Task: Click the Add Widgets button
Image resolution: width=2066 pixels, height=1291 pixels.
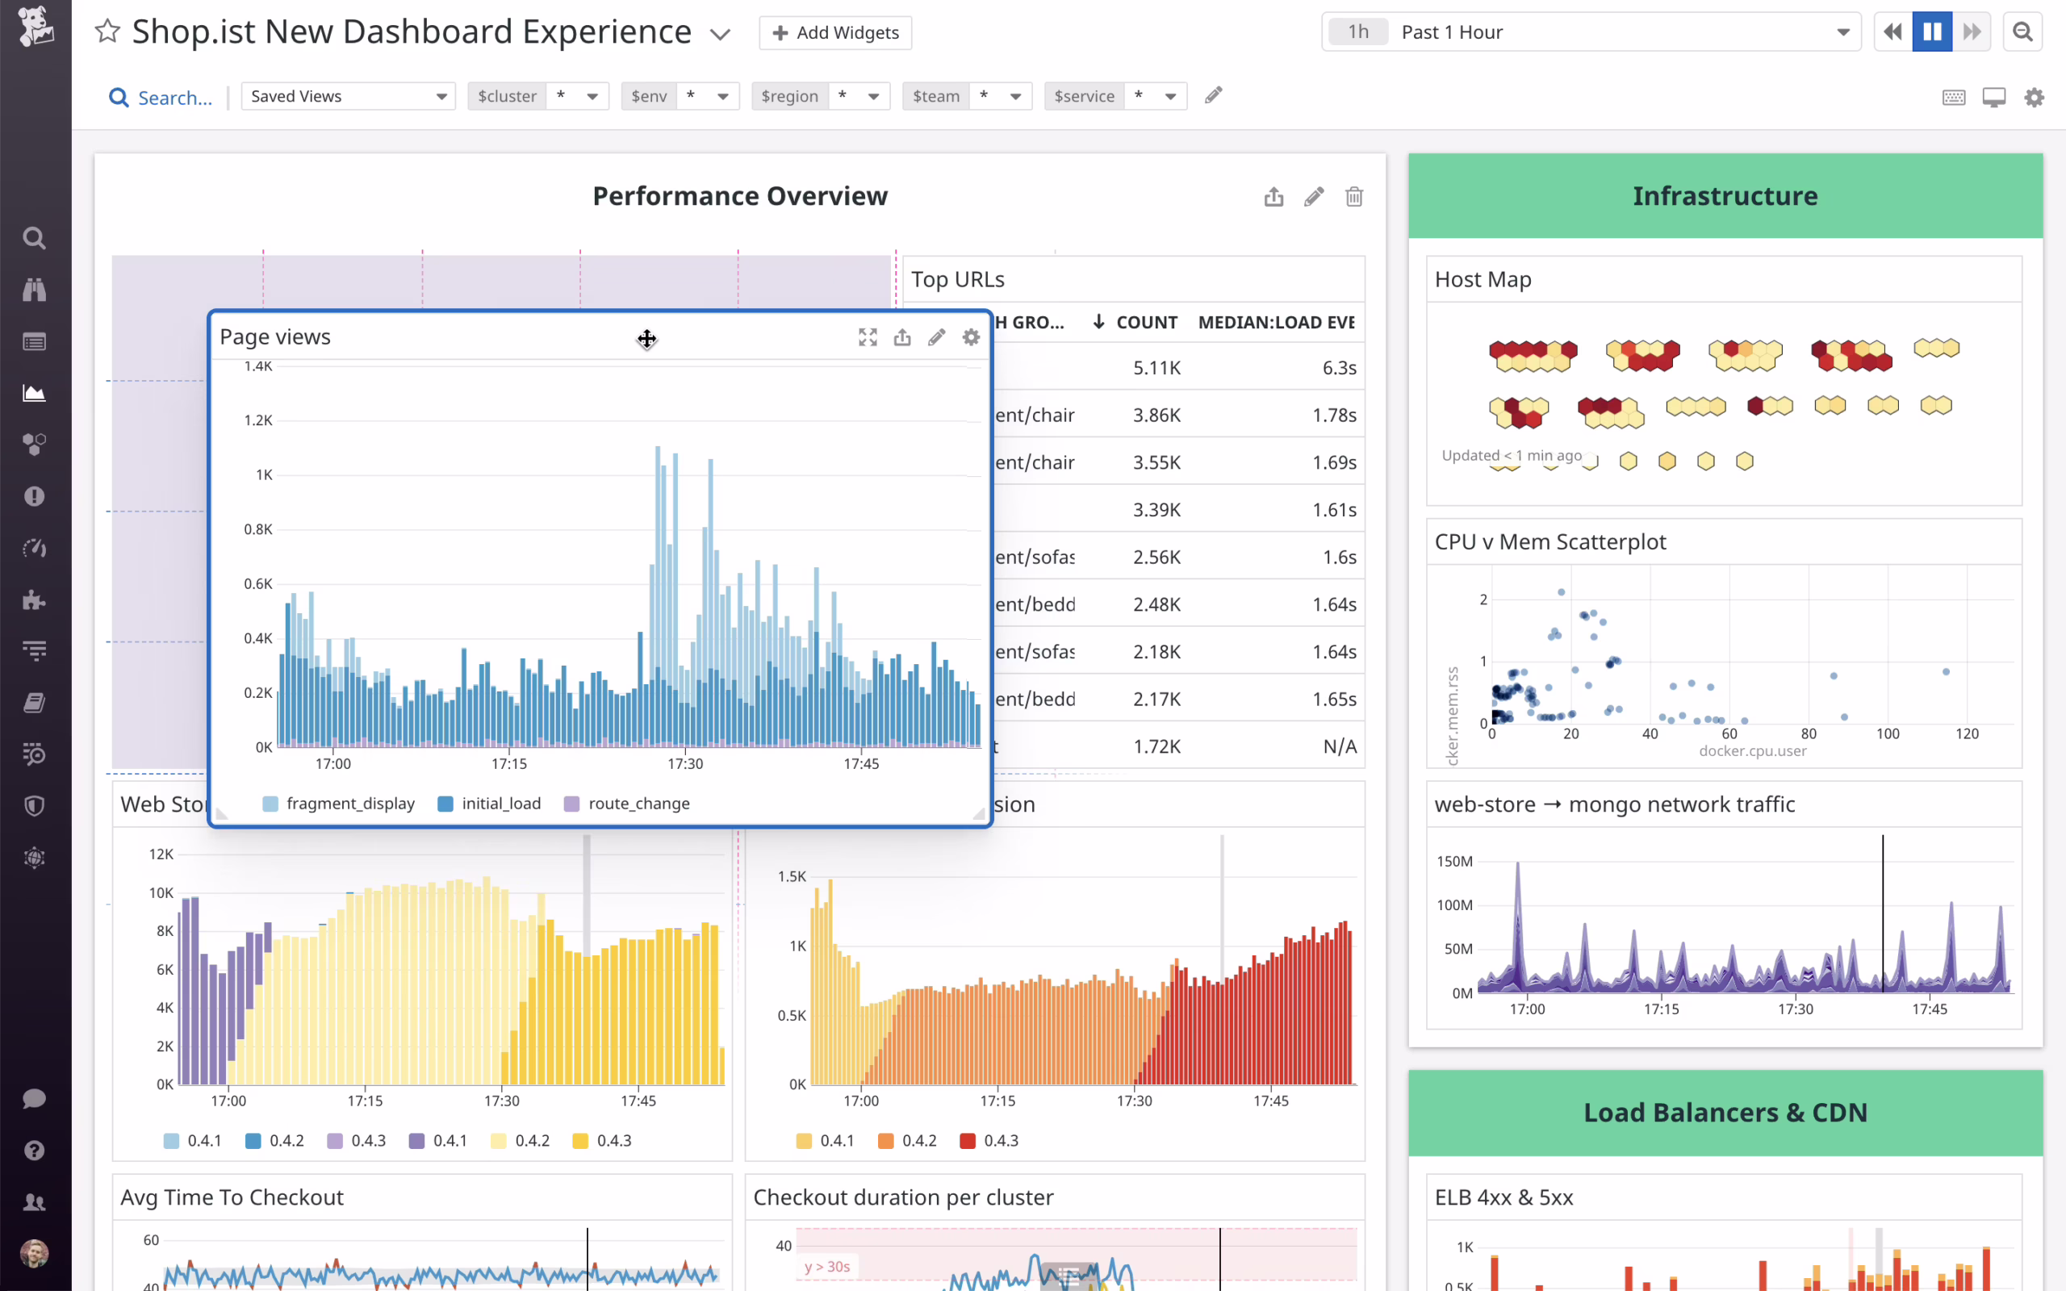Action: pos(835,32)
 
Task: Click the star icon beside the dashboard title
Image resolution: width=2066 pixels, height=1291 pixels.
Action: pos(107,31)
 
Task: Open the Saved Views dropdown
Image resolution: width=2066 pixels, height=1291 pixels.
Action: pos(349,97)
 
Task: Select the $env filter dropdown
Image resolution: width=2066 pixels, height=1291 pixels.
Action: pos(680,97)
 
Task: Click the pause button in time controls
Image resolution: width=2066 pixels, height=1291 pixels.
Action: pos(1932,32)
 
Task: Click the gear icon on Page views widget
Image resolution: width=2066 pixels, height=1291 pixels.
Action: pos(971,337)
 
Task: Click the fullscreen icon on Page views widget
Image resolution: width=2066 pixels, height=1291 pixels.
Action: pos(868,337)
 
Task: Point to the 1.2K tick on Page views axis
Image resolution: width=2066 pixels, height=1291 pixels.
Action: pos(257,420)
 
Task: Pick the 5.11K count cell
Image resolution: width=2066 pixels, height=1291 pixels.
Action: pos(1156,368)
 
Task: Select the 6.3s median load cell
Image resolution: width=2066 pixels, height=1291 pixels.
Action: pos(1339,368)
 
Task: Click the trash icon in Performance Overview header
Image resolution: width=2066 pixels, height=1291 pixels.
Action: pos(1354,197)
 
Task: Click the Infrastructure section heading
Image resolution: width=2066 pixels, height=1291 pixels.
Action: pos(1725,196)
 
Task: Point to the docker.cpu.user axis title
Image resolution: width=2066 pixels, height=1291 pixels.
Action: pos(1752,751)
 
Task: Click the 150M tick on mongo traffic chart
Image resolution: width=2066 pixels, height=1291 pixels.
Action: pos(1454,862)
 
